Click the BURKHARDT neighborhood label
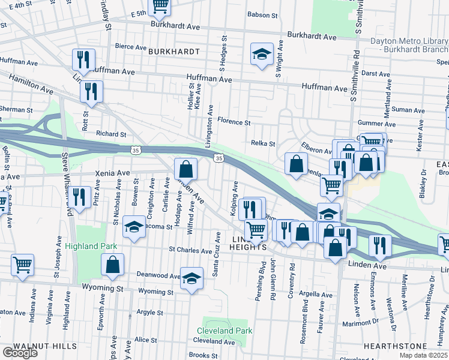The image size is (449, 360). point(174,52)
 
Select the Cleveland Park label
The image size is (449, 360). point(224,331)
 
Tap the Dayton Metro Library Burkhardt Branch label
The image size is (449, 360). point(409,45)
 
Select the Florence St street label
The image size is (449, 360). point(234,122)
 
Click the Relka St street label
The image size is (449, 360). point(262,143)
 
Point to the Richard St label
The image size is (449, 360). point(111,134)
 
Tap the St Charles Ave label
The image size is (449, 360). point(191,249)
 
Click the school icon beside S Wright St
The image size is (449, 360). point(262,55)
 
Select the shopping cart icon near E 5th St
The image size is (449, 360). point(160,6)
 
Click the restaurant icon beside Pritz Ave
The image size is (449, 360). point(79,196)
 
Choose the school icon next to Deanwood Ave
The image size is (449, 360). point(191,278)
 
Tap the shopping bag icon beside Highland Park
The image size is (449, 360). point(112,265)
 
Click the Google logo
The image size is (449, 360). point(20,353)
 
